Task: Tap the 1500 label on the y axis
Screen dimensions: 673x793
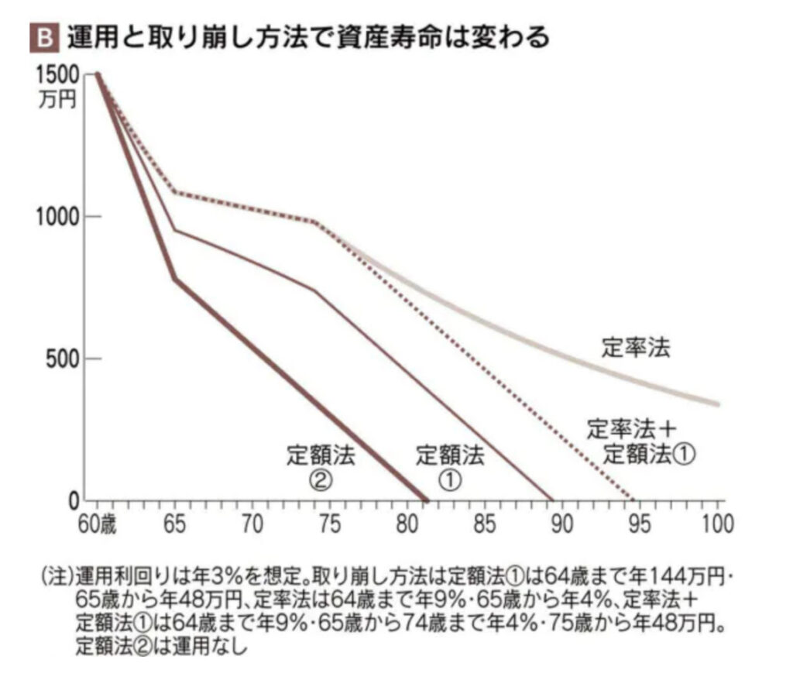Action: [57, 76]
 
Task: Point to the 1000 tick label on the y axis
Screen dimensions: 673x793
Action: [57, 217]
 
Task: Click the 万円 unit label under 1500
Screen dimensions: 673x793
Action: [57, 100]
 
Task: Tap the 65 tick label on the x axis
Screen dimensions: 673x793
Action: [174, 524]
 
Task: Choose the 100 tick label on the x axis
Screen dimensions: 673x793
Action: [714, 524]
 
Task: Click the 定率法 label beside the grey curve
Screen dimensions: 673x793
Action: [635, 349]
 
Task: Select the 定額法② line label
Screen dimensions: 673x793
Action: [321, 467]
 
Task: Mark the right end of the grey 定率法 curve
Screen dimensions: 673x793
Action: [718, 403]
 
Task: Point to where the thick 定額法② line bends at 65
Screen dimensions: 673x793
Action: [175, 279]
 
